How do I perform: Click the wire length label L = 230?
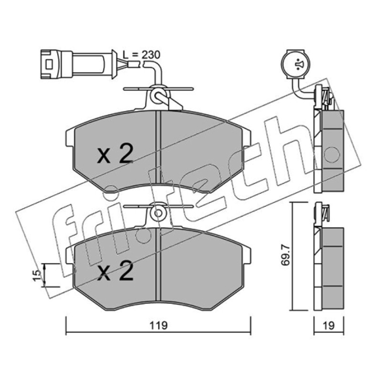coord(141,55)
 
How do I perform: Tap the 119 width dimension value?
coord(159,325)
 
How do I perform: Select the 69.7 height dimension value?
coord(286,255)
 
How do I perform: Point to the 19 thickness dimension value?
coord(329,326)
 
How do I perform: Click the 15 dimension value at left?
coord(37,276)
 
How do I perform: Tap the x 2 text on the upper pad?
coord(115,153)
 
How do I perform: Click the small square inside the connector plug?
coord(49,64)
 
